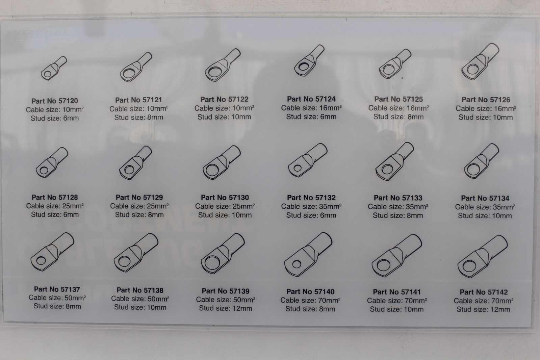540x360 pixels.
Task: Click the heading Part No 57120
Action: pyautogui.click(x=55, y=101)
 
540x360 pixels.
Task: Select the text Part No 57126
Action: pyautogui.click(x=486, y=100)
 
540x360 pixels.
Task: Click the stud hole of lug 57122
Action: pyautogui.click(x=215, y=72)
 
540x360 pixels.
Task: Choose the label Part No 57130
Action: pyautogui.click(x=225, y=198)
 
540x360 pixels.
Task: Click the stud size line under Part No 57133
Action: pyautogui.click(x=398, y=215)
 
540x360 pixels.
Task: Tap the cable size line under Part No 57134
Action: pyautogui.click(x=485, y=207)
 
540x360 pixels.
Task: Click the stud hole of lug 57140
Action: pyautogui.click(x=297, y=264)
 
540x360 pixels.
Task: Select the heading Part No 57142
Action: pyautogui.click(x=484, y=292)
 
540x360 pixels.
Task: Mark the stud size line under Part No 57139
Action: pyautogui.click(x=225, y=308)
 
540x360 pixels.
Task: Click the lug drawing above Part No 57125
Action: pyautogui.click(x=395, y=63)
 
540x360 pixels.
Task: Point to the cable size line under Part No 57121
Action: pyautogui.click(x=139, y=109)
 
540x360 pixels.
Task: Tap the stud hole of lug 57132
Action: pyautogui.click(x=298, y=168)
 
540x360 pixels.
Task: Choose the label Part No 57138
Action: pyautogui.click(x=140, y=290)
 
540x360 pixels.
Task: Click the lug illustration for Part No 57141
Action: pyautogui.click(x=397, y=255)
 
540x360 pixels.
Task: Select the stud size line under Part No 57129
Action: pyautogui.click(x=139, y=214)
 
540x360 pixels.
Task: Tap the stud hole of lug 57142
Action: pyautogui.click(x=469, y=266)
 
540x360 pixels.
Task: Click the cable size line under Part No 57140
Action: pyautogui.click(x=310, y=300)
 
